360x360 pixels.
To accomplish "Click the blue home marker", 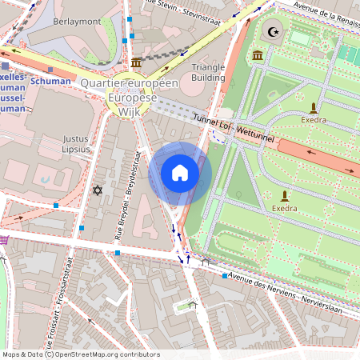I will point(180,173).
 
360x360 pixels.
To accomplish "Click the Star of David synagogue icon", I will point(98,190).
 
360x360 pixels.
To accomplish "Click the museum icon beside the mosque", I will point(258,54).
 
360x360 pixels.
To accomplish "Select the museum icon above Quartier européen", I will point(137,62).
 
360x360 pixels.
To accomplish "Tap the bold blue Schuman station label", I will point(52,81).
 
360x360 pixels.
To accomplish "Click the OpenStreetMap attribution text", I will point(80,354).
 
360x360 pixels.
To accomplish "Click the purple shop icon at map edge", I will point(3,238).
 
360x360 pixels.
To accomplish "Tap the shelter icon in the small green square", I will point(192,304).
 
